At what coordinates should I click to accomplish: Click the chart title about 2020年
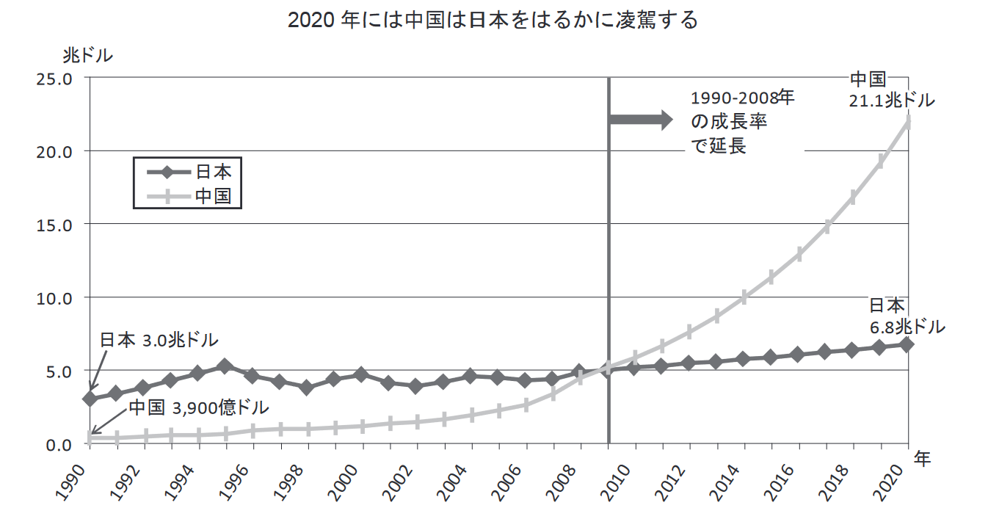493,21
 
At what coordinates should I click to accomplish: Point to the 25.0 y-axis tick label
53,78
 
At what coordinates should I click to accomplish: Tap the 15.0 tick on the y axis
53,225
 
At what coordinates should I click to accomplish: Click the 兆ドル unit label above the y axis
87,55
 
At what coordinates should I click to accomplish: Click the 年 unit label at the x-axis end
923,459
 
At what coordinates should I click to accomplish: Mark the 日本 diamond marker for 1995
225,366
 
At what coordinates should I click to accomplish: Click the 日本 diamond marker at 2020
907,344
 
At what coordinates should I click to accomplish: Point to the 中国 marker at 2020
908,122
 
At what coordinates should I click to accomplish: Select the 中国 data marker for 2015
771,277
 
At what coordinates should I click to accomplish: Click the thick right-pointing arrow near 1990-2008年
641,120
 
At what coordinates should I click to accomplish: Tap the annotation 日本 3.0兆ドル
159,341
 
